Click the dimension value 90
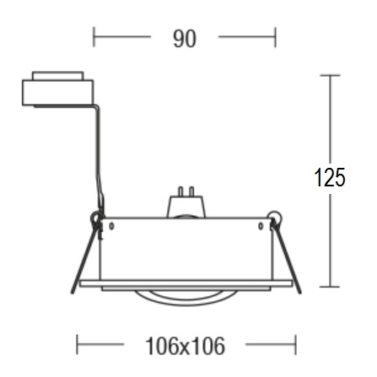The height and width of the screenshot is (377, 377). [x=185, y=39]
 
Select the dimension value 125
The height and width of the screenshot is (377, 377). [x=330, y=177]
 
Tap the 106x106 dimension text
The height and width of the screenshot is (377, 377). [x=186, y=346]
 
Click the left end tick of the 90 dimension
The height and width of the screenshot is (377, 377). [x=94, y=37]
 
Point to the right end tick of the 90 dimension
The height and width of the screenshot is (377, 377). [x=276, y=37]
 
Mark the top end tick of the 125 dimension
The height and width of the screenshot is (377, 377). [x=330, y=75]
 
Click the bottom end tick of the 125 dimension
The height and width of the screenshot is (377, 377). [x=330, y=287]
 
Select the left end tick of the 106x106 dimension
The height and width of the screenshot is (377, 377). [x=77, y=344]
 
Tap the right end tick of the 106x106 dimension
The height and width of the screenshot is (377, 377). [x=296, y=344]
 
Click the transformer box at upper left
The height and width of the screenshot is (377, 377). [x=57, y=93]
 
